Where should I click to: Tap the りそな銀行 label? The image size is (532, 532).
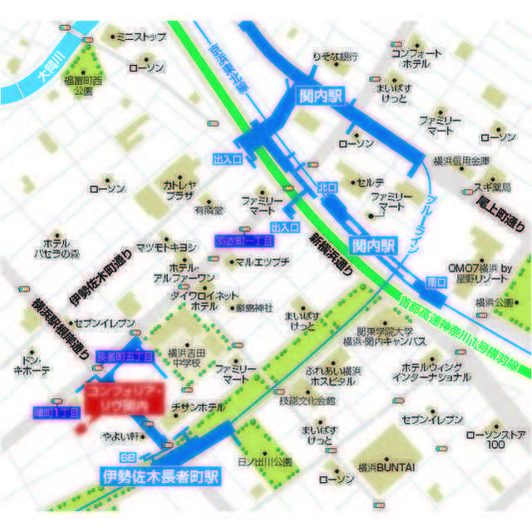tap(335, 56)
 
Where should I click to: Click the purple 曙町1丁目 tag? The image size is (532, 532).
tap(57, 411)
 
